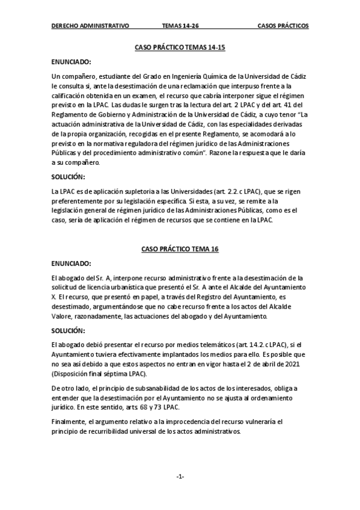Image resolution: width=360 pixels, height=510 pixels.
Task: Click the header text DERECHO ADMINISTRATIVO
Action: [90, 26]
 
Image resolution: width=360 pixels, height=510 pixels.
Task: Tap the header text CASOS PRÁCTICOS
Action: [282, 26]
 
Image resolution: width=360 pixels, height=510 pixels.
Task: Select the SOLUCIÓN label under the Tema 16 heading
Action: [69, 330]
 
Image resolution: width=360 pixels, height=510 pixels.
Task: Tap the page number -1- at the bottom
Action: [180, 477]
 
